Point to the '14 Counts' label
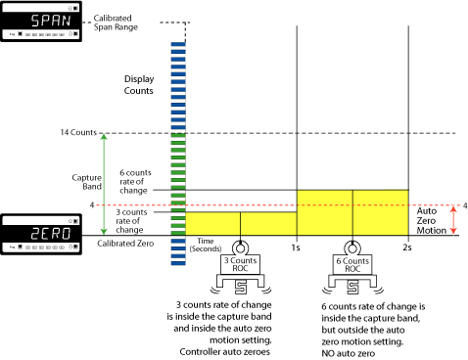pyautogui.click(x=77, y=133)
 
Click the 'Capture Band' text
pyautogui.click(x=88, y=184)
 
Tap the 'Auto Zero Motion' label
pyautogui.click(x=432, y=219)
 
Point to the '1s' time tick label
pyautogui.click(x=295, y=248)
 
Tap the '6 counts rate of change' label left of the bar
pyautogui.click(x=135, y=179)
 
